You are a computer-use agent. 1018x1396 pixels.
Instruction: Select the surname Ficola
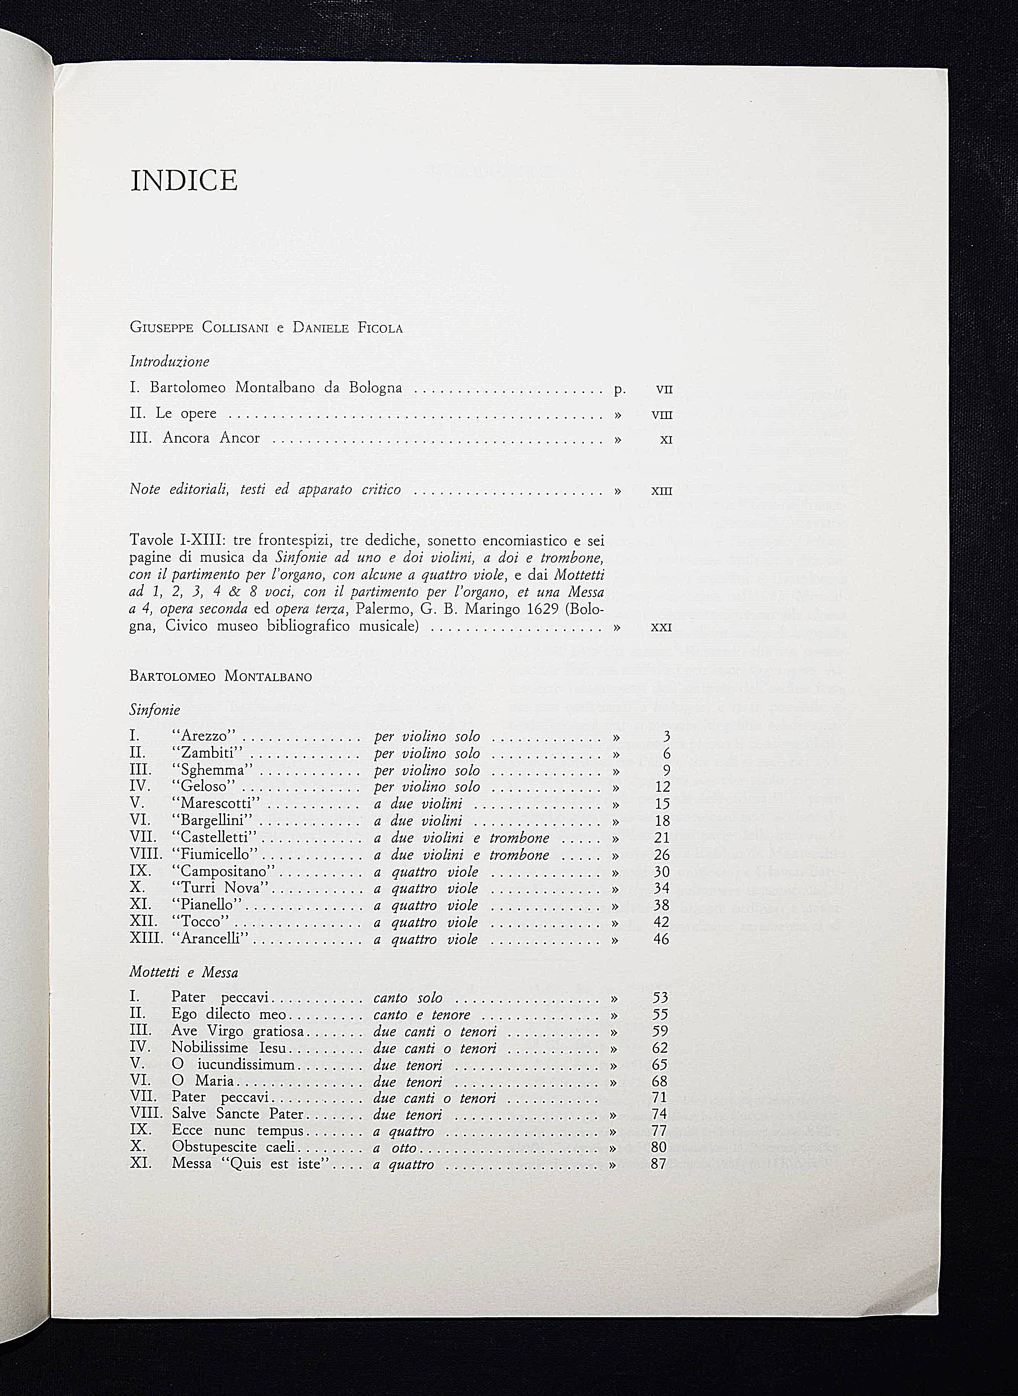tap(380, 328)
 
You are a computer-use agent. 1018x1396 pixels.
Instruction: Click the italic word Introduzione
tap(170, 362)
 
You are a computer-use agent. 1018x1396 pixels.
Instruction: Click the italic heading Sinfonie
tap(155, 710)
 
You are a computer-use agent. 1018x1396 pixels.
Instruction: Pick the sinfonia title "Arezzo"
tap(204, 737)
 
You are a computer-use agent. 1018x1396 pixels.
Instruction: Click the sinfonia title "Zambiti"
tap(208, 753)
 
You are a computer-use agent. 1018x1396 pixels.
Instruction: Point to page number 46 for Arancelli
tap(660, 940)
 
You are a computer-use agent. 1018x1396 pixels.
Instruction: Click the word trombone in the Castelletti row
tap(520, 838)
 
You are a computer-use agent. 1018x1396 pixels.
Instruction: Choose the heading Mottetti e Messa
tap(184, 973)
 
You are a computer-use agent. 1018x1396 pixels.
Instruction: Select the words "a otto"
tap(395, 1148)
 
